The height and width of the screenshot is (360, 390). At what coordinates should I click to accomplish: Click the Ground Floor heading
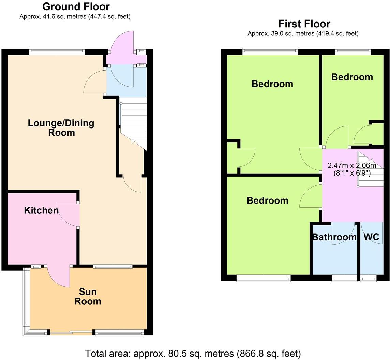click(x=76, y=6)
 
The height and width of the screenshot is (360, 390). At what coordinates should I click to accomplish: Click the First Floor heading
click(x=304, y=24)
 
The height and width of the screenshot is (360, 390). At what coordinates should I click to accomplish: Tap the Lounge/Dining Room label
click(x=61, y=127)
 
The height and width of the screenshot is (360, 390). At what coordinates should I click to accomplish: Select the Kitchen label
click(x=41, y=210)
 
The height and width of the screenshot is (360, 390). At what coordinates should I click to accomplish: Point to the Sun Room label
click(x=88, y=296)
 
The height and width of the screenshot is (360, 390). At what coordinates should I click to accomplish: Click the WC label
click(x=371, y=237)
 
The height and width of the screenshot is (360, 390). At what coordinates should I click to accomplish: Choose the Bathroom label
click(x=334, y=237)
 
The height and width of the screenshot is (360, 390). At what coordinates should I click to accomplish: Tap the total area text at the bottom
click(x=193, y=353)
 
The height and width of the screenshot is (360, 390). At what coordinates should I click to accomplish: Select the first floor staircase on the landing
click(x=370, y=169)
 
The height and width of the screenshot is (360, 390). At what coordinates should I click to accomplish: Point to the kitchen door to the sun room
click(x=59, y=276)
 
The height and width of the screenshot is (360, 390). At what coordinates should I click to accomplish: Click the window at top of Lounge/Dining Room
click(x=57, y=51)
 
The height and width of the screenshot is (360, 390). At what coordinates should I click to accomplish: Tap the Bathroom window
click(x=344, y=279)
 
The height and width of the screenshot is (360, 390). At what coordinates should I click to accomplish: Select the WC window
click(x=369, y=279)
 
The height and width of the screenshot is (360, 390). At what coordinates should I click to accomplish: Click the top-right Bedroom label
click(x=352, y=77)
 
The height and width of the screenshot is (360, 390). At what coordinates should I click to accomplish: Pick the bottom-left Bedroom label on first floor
click(x=267, y=200)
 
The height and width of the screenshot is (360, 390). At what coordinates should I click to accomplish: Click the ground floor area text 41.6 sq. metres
click(x=75, y=16)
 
